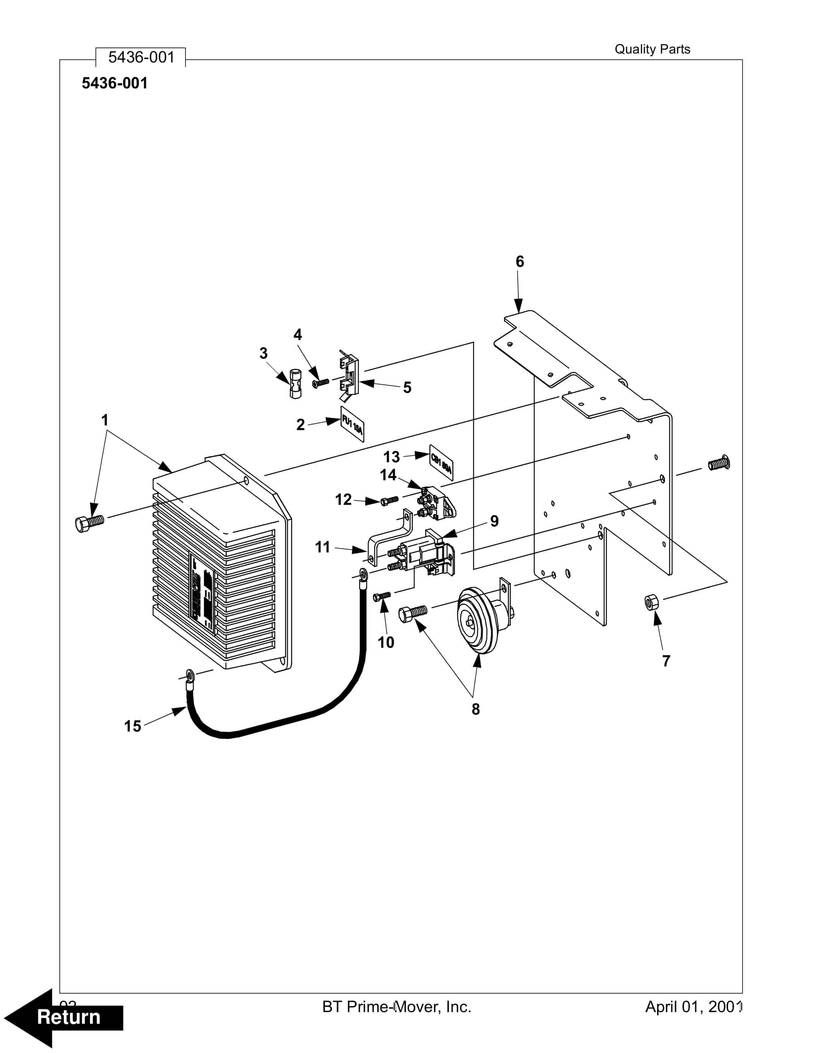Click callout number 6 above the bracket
coord(519,262)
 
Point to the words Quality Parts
coord(652,49)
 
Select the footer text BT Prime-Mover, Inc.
coord(396,1007)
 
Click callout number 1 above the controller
coord(105,420)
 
